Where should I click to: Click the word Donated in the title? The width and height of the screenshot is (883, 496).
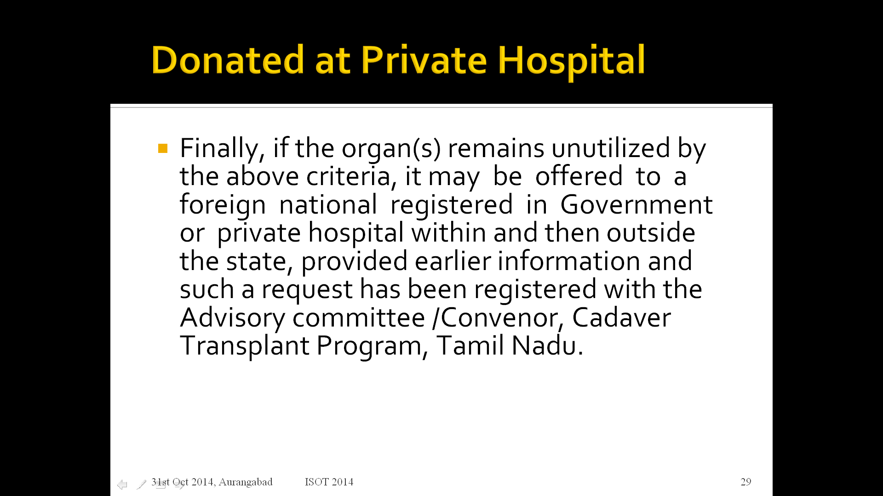(228, 60)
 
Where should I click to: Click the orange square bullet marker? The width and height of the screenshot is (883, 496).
(163, 148)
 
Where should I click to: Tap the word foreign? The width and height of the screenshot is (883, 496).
(223, 205)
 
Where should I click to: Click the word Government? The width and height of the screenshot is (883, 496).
(636, 204)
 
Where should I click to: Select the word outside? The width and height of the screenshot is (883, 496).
(651, 232)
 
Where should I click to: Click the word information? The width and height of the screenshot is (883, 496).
(569, 261)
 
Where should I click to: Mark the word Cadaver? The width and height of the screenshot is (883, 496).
(621, 317)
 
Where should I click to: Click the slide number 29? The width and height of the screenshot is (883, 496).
(746, 482)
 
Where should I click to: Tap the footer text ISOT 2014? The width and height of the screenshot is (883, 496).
(329, 482)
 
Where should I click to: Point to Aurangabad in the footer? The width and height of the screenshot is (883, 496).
(246, 482)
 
